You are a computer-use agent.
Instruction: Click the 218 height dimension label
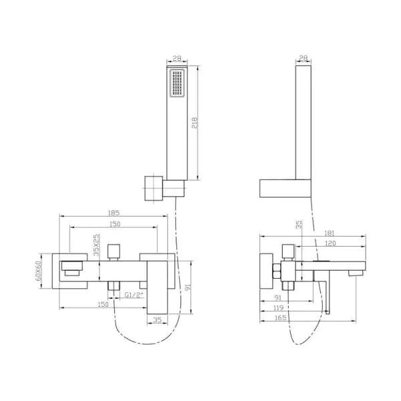[194, 123]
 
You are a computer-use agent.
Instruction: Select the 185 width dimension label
[114, 213]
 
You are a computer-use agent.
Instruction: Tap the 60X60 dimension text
[38, 271]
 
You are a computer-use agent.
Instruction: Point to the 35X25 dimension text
[96, 245]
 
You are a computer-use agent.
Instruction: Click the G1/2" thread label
[134, 295]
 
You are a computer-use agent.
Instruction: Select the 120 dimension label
[330, 243]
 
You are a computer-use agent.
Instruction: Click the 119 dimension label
[278, 307]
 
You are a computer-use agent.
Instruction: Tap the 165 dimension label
[280, 318]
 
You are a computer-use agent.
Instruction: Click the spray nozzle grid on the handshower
[177, 83]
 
